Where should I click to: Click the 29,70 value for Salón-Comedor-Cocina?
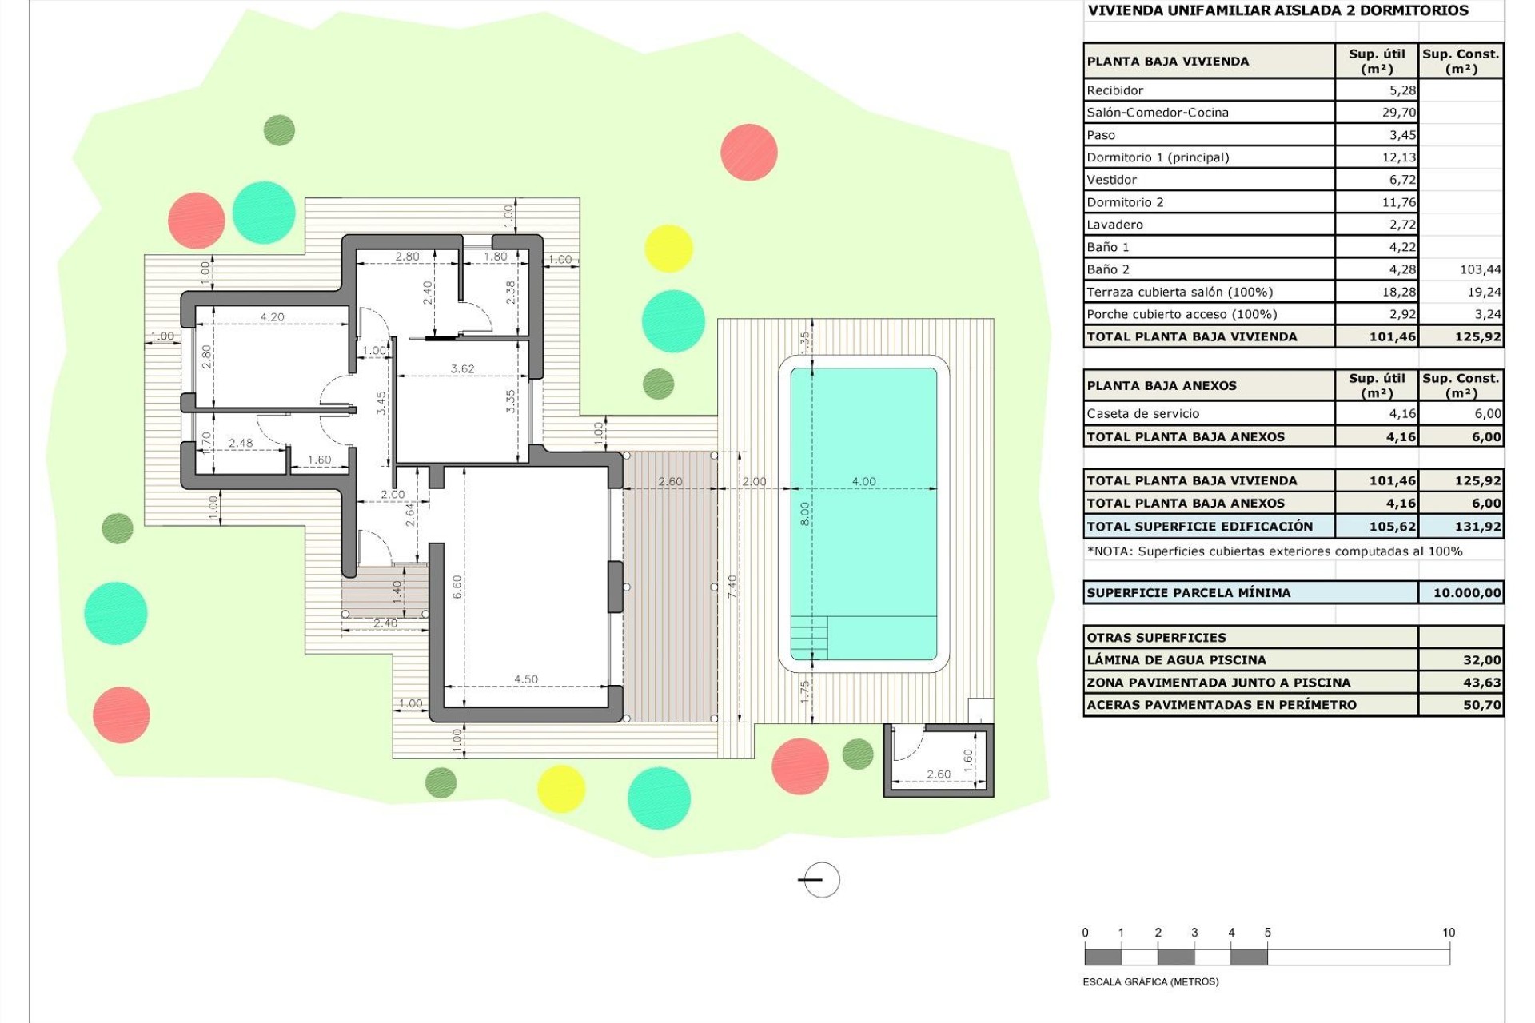[1398, 113]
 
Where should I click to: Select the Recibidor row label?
[1115, 90]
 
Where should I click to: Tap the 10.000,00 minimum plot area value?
[1466, 593]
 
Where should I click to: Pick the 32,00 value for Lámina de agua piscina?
[1481, 660]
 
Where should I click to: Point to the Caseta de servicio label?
[1142, 414]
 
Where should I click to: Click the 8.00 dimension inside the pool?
[805, 513]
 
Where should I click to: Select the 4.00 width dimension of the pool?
[863, 481]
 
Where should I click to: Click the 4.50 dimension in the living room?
[525, 679]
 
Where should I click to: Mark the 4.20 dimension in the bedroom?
[272, 317]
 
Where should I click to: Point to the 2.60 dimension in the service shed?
[939, 774]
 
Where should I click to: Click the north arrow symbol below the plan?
[820, 880]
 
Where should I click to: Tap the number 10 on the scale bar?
[1448, 933]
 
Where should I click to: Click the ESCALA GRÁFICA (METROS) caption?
[1150, 982]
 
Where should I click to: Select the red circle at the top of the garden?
[748, 152]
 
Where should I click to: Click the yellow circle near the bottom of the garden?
[560, 788]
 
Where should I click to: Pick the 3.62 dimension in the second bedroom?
[462, 369]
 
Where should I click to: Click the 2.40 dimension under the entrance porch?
[385, 623]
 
